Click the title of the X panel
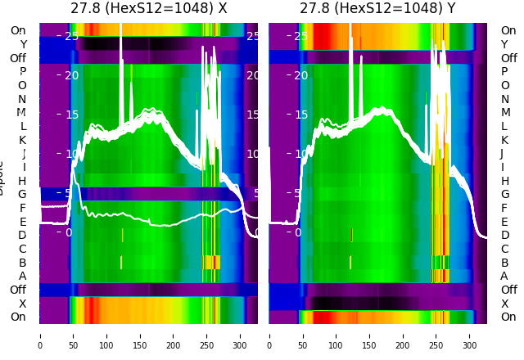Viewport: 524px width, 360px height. (148, 9)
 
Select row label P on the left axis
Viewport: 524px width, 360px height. (22, 72)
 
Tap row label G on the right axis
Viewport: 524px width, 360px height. (505, 195)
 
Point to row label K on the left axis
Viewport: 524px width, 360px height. (22, 140)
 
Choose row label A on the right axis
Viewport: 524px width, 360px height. (504, 276)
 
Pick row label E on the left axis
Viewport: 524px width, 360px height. (22, 222)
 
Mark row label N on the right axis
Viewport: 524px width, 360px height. (505, 99)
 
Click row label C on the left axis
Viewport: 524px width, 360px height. (22, 249)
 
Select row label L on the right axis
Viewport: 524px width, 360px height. (505, 126)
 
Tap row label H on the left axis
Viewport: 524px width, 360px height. (22, 181)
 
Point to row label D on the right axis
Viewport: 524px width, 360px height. (505, 236)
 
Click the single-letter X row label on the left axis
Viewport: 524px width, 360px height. (22, 304)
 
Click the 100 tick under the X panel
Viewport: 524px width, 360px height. (106, 335)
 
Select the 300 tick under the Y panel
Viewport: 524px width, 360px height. (470, 335)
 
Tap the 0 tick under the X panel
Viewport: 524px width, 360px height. (40, 335)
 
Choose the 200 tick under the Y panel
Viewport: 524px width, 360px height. (403, 335)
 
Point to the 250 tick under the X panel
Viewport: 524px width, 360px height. (207, 335)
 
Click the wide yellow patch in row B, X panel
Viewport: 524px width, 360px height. (212, 262)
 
